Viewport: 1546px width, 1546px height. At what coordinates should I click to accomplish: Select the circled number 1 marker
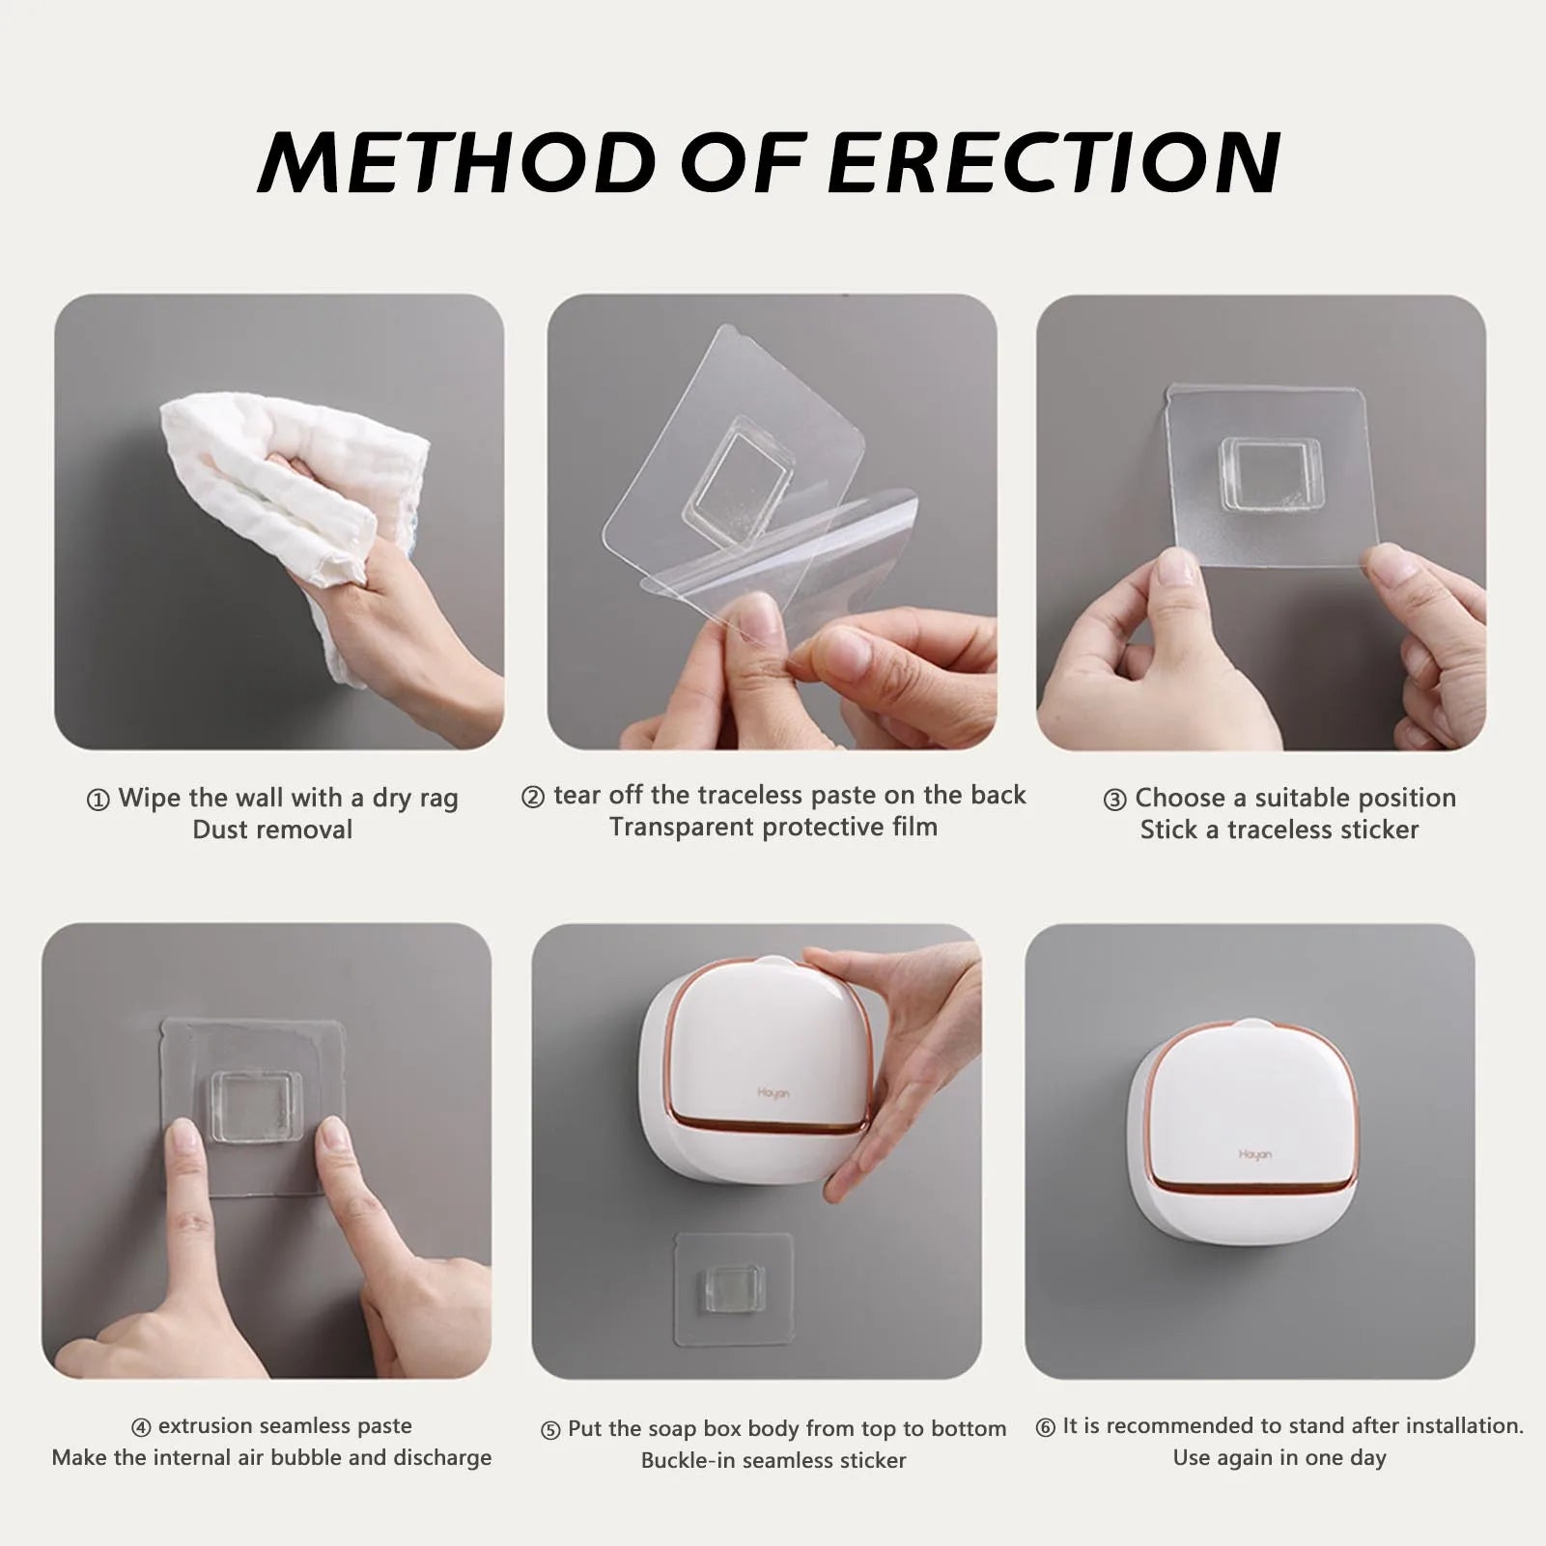(x=98, y=801)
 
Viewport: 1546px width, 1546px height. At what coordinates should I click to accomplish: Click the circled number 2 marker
(x=533, y=798)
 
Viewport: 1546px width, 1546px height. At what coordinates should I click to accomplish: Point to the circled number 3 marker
(x=1114, y=801)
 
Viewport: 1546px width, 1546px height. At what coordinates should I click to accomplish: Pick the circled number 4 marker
(x=141, y=1427)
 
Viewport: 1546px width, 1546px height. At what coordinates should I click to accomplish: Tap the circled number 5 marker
(x=550, y=1431)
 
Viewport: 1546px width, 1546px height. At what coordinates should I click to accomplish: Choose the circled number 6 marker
(x=1045, y=1427)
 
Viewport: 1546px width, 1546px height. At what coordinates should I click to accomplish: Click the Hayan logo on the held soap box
(x=773, y=1093)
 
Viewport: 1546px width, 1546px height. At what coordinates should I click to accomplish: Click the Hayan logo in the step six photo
(x=1254, y=1154)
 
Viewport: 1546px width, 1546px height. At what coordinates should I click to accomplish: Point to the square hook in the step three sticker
(x=1269, y=473)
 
